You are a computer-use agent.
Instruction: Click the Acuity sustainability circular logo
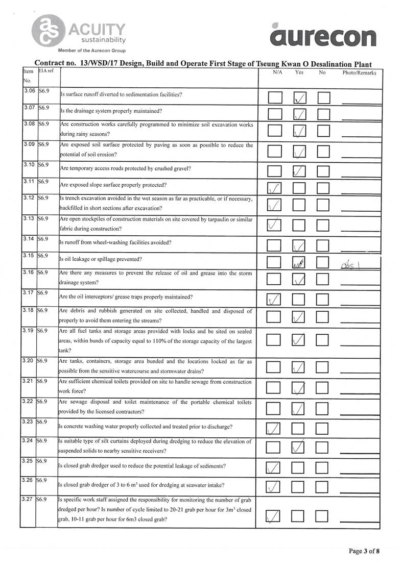pyautogui.click(x=48, y=31)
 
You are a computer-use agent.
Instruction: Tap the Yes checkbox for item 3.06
pyautogui.click(x=300, y=97)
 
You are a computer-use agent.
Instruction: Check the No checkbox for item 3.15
pyautogui.click(x=324, y=263)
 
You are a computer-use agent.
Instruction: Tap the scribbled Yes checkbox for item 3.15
pyautogui.click(x=300, y=263)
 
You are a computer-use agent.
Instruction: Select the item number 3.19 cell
pyautogui.click(x=29, y=331)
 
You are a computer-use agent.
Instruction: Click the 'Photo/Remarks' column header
pyautogui.click(x=359, y=73)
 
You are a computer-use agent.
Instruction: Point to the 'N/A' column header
pyautogui.click(x=277, y=73)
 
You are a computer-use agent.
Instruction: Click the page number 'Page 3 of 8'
pyautogui.click(x=364, y=551)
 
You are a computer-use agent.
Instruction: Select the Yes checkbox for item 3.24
pyautogui.click(x=300, y=447)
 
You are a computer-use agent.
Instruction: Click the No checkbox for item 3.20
pyautogui.click(x=324, y=367)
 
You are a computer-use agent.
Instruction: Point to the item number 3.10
pyautogui.click(x=29, y=165)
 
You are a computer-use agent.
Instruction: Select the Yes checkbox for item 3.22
pyautogui.click(x=300, y=408)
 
